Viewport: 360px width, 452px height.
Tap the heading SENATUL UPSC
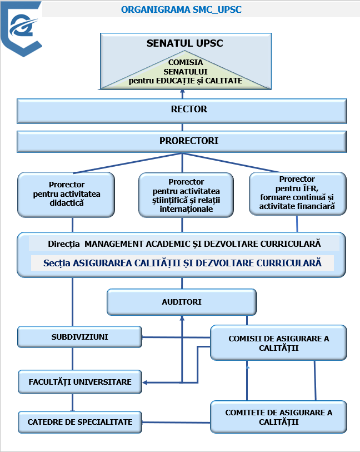[184, 43]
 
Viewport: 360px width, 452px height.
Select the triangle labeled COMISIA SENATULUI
[185, 72]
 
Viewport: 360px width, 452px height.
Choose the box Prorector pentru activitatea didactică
[66, 194]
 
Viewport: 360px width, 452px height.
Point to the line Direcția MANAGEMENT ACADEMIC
[184, 244]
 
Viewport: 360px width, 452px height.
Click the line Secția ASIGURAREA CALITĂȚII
[183, 263]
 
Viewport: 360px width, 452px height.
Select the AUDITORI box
[182, 302]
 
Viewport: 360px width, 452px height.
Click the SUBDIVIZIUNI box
[79, 337]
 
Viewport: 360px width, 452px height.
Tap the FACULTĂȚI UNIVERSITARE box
[79, 382]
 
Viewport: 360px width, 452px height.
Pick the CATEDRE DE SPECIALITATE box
[79, 422]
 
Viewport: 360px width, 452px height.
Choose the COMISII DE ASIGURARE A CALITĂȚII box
[278, 343]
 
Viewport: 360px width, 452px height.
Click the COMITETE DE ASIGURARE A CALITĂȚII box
[278, 417]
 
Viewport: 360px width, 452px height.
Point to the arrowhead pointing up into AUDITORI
[182, 318]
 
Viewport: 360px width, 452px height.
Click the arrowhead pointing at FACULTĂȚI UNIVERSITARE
[145, 383]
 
